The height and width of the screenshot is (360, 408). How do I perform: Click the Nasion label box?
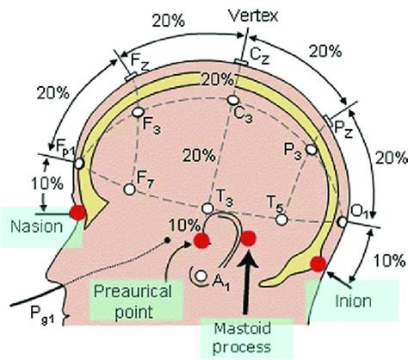(x=32, y=227)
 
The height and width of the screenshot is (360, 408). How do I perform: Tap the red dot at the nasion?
(x=78, y=213)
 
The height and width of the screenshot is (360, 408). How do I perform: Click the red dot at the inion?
(x=318, y=264)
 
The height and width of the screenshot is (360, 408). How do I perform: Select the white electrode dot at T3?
(x=207, y=208)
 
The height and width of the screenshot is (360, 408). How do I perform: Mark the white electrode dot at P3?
(x=312, y=150)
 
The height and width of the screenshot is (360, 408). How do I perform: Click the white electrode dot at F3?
(x=136, y=112)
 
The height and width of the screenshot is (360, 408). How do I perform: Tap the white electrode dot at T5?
(x=281, y=220)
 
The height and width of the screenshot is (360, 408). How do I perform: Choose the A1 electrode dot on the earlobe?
(x=200, y=276)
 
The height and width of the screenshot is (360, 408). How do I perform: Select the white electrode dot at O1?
(x=343, y=222)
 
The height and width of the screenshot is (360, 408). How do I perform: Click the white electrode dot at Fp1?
(x=78, y=162)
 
